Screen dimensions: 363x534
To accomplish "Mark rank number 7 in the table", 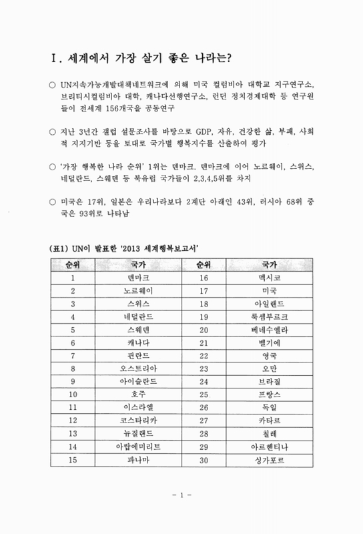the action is click(x=73, y=354).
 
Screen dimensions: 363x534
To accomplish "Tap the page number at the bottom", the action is click(x=181, y=496).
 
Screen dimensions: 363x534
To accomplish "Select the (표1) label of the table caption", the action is click(x=61, y=249).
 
